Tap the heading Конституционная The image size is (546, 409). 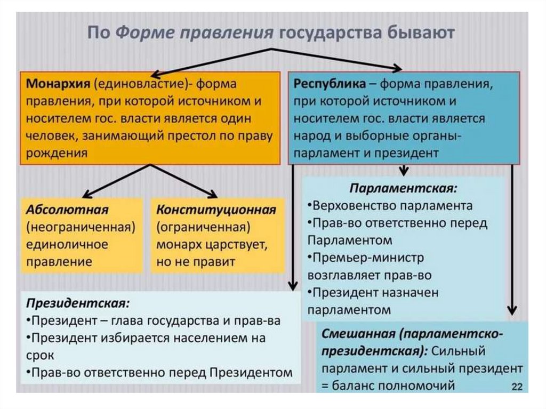(x=216, y=210)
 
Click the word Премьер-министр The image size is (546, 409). (x=368, y=258)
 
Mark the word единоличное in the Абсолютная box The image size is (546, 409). (x=67, y=245)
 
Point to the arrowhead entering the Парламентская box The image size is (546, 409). (x=404, y=172)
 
